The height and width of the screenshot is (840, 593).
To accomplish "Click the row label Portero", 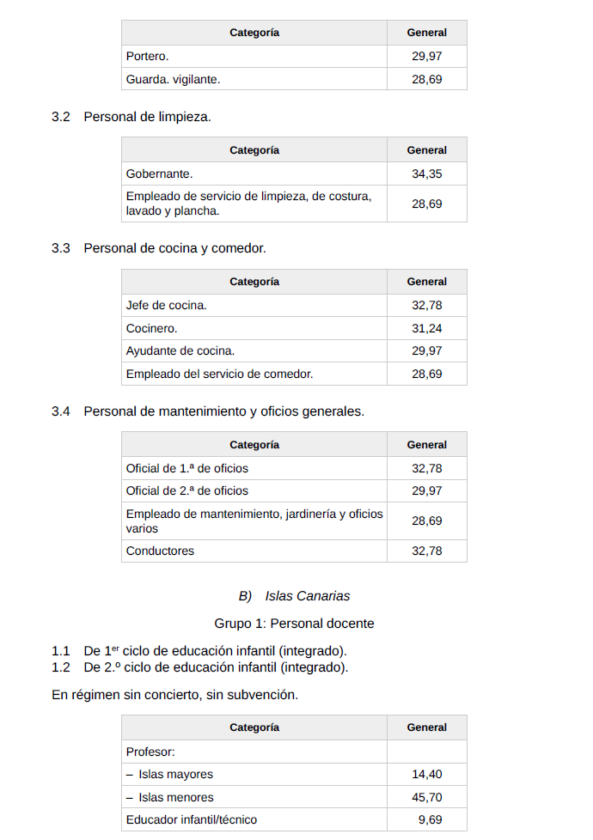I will [147, 56].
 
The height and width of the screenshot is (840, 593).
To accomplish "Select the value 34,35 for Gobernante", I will [426, 173].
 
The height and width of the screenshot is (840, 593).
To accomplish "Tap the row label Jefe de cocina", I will [166, 305].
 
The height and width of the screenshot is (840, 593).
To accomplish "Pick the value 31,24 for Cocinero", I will [426, 328].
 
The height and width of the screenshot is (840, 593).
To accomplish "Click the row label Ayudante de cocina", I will [180, 350].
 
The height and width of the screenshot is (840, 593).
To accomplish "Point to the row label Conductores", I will [160, 551].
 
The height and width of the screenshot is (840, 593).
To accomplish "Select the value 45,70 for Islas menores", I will [426, 797].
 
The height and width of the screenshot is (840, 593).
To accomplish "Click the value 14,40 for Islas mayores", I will [426, 774].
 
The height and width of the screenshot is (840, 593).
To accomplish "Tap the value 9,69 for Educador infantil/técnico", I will [430, 819].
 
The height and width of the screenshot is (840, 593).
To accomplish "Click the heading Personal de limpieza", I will [147, 116].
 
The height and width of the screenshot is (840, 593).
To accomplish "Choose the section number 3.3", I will [60, 248].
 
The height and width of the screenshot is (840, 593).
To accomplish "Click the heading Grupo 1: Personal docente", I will [294, 624].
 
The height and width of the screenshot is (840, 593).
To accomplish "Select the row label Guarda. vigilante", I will [173, 79].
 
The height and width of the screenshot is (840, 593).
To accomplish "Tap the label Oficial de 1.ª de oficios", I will [186, 468].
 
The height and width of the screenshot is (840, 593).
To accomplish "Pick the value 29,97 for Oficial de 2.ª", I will [426, 490].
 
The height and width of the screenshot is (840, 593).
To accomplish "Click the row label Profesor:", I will [150, 752].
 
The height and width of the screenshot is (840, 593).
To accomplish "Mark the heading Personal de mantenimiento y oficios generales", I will [223, 411].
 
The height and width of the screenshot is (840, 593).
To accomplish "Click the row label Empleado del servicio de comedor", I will [219, 374].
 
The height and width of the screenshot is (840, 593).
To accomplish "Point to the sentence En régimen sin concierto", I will [174, 694].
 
